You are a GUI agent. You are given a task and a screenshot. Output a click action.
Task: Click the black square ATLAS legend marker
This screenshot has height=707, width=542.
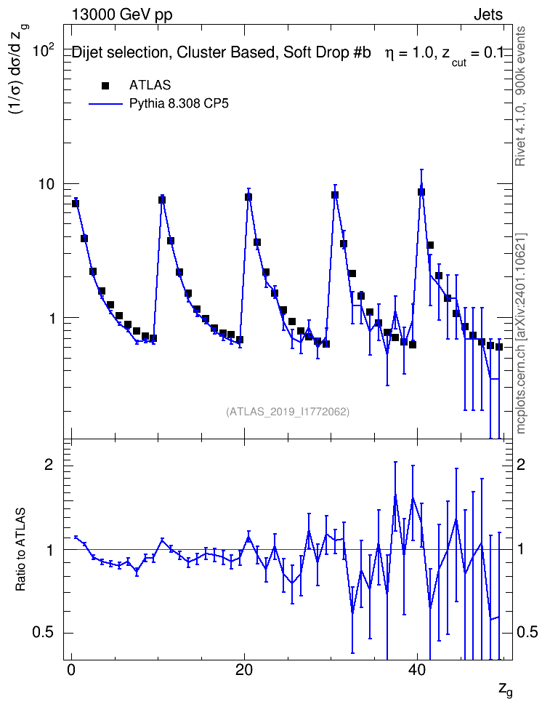point(105,85)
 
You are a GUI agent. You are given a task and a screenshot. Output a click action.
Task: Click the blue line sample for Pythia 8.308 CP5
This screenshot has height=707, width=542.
point(105,104)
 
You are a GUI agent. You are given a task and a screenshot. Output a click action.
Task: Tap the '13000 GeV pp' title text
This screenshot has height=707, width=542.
point(122,15)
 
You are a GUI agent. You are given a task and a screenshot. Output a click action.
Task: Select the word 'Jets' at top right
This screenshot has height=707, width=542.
point(488,15)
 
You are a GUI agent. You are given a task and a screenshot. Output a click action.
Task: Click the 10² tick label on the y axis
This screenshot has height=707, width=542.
point(44,50)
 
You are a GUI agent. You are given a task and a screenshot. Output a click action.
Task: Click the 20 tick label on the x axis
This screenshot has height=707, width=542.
point(243,670)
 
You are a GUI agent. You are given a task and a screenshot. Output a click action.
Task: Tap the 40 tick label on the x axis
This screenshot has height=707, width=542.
point(417,670)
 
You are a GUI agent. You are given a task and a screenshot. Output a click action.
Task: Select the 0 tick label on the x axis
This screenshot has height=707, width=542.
point(71,670)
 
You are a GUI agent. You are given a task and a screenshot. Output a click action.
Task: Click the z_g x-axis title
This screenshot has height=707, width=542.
point(506,689)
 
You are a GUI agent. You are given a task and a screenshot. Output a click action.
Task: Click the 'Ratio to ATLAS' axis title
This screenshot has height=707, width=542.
point(21,549)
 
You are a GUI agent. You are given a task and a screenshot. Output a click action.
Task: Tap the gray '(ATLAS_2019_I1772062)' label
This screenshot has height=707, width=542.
point(288,411)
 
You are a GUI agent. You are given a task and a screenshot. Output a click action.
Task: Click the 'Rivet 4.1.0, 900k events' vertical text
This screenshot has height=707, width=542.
point(520,96)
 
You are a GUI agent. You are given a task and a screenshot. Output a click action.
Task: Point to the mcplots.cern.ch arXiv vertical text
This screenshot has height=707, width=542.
point(521,334)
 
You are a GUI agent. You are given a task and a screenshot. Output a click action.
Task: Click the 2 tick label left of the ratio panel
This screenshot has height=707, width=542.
point(49,464)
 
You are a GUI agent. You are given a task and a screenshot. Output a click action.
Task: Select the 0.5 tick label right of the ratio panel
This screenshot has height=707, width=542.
point(527,632)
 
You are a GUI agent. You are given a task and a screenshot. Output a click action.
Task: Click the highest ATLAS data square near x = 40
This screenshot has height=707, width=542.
point(421,191)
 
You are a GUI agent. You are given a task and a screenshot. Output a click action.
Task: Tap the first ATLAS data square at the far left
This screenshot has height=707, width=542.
point(76,204)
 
